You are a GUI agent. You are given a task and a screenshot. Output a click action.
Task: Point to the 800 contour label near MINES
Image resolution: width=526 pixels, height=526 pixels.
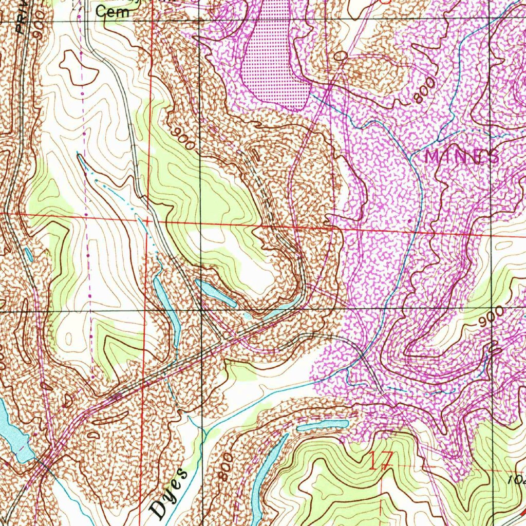[x=425, y=90]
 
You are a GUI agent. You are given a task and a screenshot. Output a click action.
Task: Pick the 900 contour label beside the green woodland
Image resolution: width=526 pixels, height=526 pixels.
[x=183, y=139]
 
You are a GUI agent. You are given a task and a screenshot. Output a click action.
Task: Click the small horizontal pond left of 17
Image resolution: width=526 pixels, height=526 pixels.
[x=322, y=425]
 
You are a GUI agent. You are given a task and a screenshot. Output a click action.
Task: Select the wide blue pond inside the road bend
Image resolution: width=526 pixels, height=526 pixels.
[x=216, y=293]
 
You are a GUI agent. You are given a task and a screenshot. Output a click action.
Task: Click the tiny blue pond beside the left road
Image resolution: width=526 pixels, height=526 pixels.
[x=28, y=253]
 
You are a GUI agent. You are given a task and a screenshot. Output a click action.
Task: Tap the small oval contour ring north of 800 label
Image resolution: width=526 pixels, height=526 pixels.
[x=340, y=55]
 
